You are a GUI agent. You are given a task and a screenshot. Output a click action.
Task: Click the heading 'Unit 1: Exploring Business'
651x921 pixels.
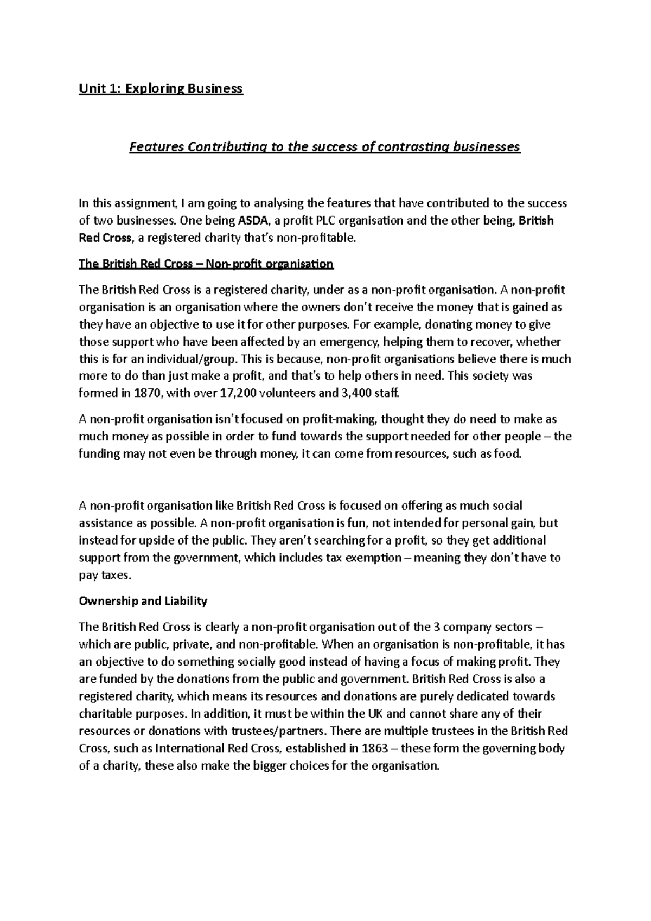[161, 88]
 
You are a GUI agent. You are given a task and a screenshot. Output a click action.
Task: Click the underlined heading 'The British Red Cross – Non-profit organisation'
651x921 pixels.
[206, 264]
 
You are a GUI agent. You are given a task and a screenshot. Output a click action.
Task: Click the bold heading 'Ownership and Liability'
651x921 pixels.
[143, 601]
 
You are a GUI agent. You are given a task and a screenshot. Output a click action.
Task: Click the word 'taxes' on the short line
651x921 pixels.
[116, 575]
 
